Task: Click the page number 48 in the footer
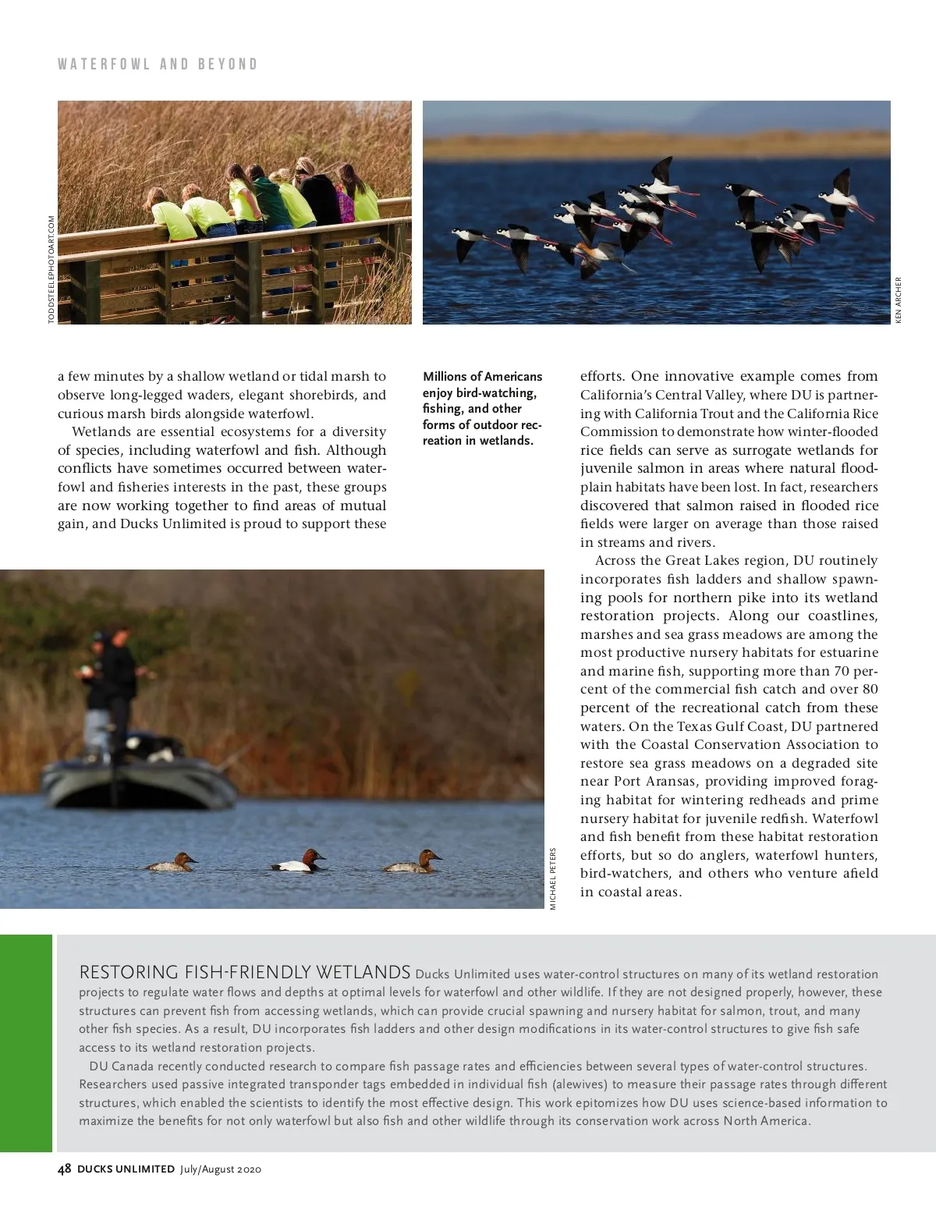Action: (x=65, y=1169)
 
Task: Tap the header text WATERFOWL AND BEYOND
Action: (x=158, y=64)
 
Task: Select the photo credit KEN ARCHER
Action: (x=899, y=300)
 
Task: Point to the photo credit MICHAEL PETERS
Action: (x=553, y=878)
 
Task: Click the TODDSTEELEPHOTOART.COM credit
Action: (x=51, y=269)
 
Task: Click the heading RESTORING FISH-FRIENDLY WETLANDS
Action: (x=245, y=972)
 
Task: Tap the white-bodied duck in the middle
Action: (x=300, y=861)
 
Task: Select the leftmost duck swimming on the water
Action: (x=173, y=863)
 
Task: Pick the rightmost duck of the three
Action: (x=413, y=862)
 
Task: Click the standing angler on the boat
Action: (x=115, y=687)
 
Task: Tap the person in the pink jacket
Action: (x=346, y=204)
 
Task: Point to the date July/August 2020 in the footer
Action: (x=220, y=1169)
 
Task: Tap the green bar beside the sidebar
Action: (x=26, y=1043)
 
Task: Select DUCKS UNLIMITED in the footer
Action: (x=126, y=1169)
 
